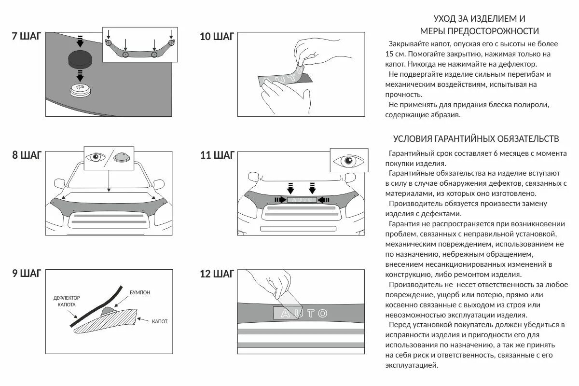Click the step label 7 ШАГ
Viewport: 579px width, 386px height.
[x=27, y=36]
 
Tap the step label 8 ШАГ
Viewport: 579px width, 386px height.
[x=27, y=155]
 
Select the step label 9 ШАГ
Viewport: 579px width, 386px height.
[x=27, y=274]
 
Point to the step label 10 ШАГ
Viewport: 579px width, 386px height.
[x=217, y=36]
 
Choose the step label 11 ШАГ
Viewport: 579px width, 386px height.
[x=217, y=155]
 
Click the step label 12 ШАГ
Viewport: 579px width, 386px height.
[x=217, y=274]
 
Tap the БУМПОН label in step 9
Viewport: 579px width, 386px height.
[x=139, y=293]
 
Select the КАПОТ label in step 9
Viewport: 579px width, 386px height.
[x=160, y=321]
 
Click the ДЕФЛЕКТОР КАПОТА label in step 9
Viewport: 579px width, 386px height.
[x=67, y=302]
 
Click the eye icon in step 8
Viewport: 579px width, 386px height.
[x=96, y=157]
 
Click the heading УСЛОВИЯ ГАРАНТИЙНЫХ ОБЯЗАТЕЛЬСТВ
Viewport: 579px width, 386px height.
[x=476, y=139]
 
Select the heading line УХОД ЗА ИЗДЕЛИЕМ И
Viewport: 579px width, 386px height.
[x=479, y=19]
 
